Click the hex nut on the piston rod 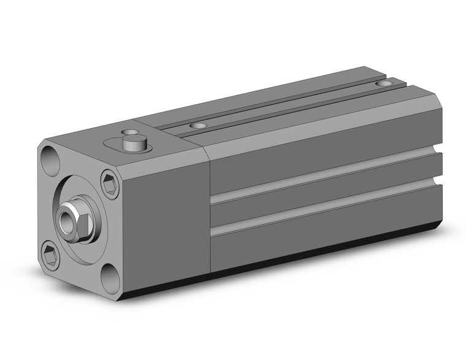pos(76,216)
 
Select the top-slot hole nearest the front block pos(197,126)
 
